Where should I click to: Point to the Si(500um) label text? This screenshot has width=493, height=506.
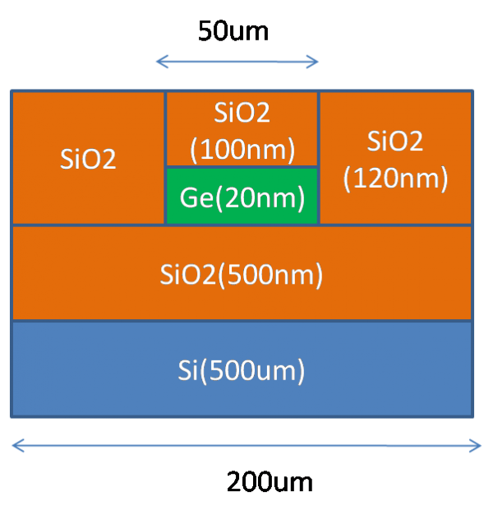(242, 370)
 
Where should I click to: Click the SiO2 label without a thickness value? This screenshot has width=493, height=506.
(88, 159)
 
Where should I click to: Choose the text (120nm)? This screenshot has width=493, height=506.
(395, 178)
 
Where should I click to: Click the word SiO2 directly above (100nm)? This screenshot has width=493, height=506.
(242, 114)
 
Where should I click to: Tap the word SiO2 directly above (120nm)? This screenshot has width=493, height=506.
(395, 141)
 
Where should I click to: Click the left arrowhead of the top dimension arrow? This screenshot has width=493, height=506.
(159, 62)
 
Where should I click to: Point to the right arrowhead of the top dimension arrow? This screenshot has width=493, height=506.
(316, 62)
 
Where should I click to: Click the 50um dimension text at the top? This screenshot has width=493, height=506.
(233, 32)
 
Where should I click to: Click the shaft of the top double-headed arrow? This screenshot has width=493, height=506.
(237, 62)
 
